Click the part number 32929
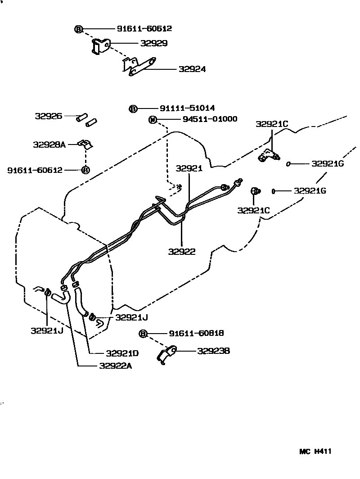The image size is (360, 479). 153,44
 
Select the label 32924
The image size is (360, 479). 192,69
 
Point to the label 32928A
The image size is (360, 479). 49,145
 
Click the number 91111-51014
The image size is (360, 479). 187,108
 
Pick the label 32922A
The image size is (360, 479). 116,366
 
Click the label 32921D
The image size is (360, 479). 122,353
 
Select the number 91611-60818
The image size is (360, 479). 196,333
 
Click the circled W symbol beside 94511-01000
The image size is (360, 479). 153,120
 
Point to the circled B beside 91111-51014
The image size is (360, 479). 133,108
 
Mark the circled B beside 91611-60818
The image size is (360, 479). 143,334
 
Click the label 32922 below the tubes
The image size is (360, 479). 182,252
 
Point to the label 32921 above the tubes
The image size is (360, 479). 189,168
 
